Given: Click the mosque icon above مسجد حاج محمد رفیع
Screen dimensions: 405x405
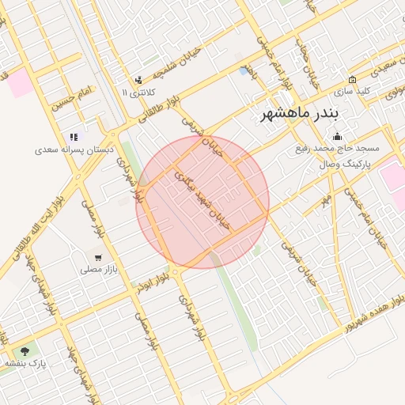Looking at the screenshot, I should tap(339, 136).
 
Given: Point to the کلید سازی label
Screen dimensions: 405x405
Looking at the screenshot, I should tap(353, 91).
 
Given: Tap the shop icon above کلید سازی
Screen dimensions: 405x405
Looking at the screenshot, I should tap(352, 80).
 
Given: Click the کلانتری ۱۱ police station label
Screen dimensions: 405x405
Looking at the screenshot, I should tap(136, 92).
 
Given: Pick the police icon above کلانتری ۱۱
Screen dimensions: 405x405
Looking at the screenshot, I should tap(138, 80).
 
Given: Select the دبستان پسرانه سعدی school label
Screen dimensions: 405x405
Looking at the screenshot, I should tap(74, 149).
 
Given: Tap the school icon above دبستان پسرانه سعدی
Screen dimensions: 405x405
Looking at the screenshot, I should tap(74, 137).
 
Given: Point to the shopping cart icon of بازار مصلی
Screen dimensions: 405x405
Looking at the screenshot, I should tap(97, 258).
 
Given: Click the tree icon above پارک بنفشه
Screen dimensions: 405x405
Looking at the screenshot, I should tap(25, 351).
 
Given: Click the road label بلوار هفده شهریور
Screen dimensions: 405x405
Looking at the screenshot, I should tap(363, 310).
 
